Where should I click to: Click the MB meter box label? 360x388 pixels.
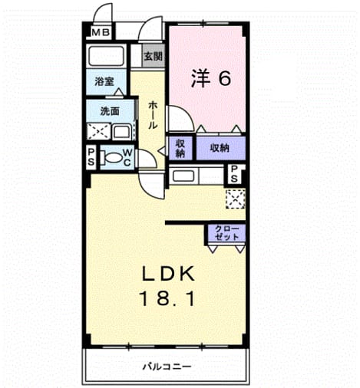(101, 32)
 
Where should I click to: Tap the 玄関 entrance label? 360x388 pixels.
(154, 57)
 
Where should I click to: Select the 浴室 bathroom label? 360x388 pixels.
(104, 81)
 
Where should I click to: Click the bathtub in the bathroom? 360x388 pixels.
(106, 56)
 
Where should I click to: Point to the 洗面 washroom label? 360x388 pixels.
(110, 111)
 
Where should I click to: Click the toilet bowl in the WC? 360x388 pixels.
(112, 157)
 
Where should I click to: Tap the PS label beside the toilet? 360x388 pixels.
(91, 157)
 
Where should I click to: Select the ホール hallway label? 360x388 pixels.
(153, 115)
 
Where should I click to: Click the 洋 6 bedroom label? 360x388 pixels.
(211, 78)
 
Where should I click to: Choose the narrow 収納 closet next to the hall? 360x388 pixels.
(180, 148)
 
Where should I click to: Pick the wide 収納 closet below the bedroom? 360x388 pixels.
(220, 148)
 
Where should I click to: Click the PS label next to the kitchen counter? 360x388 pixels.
(234, 174)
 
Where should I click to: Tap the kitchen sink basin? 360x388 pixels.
(183, 176)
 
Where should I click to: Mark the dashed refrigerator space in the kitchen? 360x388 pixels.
(235, 199)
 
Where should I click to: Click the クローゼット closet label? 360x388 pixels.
(226, 232)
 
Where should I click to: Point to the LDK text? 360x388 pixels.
(168, 274)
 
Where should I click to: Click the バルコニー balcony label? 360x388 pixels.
(167, 367)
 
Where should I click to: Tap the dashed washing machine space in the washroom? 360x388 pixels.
(99, 131)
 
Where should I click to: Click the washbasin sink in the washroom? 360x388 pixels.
(122, 132)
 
